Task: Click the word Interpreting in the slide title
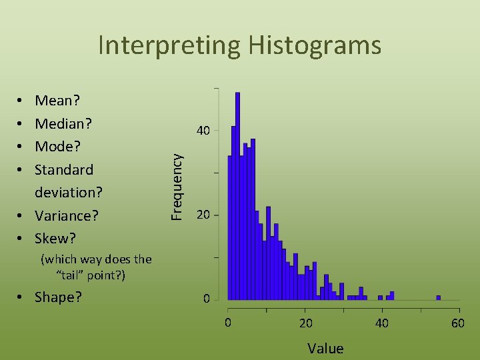tap(170, 45)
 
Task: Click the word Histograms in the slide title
tap(315, 45)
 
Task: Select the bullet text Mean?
tap(57, 101)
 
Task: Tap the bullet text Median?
tap(63, 124)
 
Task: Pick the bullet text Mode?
tap(58, 147)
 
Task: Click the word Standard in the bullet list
tap(64, 169)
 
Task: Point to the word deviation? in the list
tap(69, 193)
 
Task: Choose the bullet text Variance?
tap(67, 215)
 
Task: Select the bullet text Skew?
tap(55, 238)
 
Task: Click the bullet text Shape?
tap(59, 297)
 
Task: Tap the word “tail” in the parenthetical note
tap(73, 275)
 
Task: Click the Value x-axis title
tap(325, 348)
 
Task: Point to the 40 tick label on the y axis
tap(203, 131)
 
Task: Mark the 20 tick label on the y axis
tap(203, 215)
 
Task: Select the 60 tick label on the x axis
tap(458, 324)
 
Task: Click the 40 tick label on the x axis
tap(381, 324)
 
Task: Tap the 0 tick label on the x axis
tap(228, 324)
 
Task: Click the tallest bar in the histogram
tap(237, 197)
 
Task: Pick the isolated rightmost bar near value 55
tap(439, 297)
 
